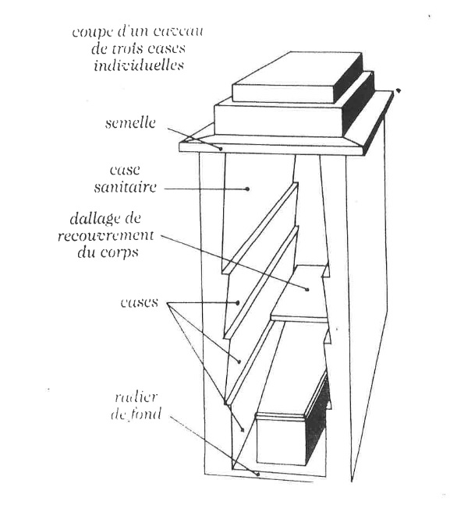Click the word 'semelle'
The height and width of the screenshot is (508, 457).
point(130,123)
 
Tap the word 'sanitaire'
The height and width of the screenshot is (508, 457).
point(126,187)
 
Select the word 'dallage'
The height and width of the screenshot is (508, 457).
point(91,219)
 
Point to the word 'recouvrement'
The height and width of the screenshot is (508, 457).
point(106,235)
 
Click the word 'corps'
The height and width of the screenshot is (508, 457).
point(119,253)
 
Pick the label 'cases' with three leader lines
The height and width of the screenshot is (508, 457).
point(140,302)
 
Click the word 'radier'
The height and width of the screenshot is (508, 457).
point(136,397)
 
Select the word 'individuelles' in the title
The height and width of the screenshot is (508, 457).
point(139,65)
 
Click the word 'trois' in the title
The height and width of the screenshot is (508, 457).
point(123,49)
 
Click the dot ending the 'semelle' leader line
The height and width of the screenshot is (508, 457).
point(221,149)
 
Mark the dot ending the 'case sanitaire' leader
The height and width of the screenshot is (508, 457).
point(247,189)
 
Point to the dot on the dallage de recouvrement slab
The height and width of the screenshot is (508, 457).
point(306,289)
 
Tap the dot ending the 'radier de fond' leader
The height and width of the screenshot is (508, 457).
point(258,474)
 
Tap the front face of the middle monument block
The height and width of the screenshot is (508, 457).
point(278,120)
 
